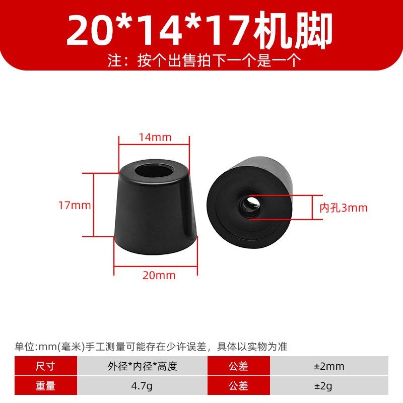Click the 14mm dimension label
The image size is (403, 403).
pyautogui.click(x=155, y=137)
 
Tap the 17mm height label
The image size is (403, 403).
pyautogui.click(x=75, y=206)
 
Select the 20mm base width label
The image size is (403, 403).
pyautogui.click(x=159, y=275)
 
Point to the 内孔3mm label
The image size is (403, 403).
pyautogui.click(x=344, y=208)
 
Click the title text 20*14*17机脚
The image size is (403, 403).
pyautogui.click(x=199, y=30)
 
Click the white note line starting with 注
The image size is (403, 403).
pyautogui.click(x=205, y=60)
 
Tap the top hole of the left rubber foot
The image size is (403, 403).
pyautogui.click(x=155, y=170)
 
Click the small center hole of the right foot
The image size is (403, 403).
pyautogui.click(x=249, y=206)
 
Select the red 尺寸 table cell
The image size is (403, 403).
pyautogui.click(x=46, y=366)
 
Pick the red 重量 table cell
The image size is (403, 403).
pyautogui.click(x=46, y=385)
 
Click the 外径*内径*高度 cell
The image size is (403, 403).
pyautogui.click(x=143, y=366)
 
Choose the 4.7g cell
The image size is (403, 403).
pyautogui.click(x=143, y=385)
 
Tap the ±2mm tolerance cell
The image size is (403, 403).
pyautogui.click(x=329, y=366)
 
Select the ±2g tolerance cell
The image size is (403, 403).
pyautogui.click(x=329, y=385)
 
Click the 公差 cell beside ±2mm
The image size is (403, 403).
pyautogui.click(x=239, y=366)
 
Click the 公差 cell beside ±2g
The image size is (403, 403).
pyautogui.click(x=239, y=385)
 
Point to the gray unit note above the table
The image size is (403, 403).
pyautogui.click(x=151, y=347)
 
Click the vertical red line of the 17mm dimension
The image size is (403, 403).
pyautogui.click(x=94, y=205)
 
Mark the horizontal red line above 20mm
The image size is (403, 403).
pyautogui.click(x=156, y=267)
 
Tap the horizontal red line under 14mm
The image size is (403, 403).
pyautogui.click(x=154, y=145)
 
